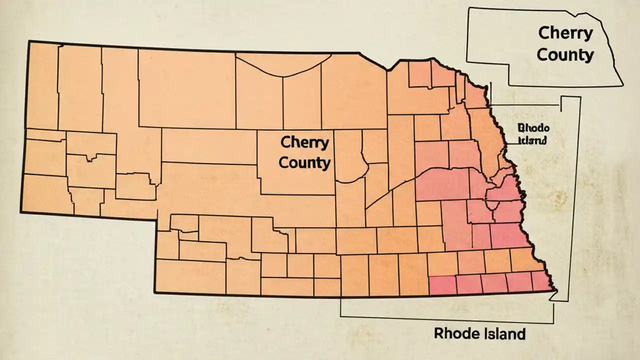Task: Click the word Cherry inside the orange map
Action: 304,142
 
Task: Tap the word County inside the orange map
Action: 304,162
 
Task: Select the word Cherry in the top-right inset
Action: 565,34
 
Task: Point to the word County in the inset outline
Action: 565,54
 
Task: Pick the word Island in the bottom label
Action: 502,333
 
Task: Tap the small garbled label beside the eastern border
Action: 532,133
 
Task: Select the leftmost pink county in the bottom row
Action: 442,285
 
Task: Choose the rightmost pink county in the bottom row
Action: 542,281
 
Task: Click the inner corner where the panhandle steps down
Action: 157,218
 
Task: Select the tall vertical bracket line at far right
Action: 579,200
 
